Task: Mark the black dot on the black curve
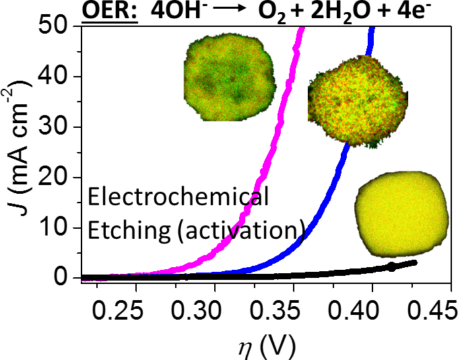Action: [x=392, y=267]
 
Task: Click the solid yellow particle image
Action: [x=401, y=211]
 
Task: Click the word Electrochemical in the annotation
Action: [x=178, y=199]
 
